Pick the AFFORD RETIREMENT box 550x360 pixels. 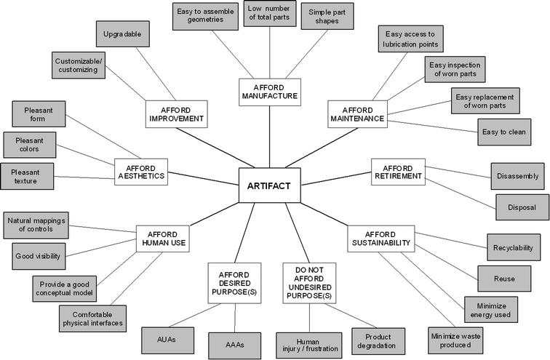click(398, 171)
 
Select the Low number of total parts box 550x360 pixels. click(269, 13)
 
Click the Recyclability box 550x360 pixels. click(513, 247)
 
